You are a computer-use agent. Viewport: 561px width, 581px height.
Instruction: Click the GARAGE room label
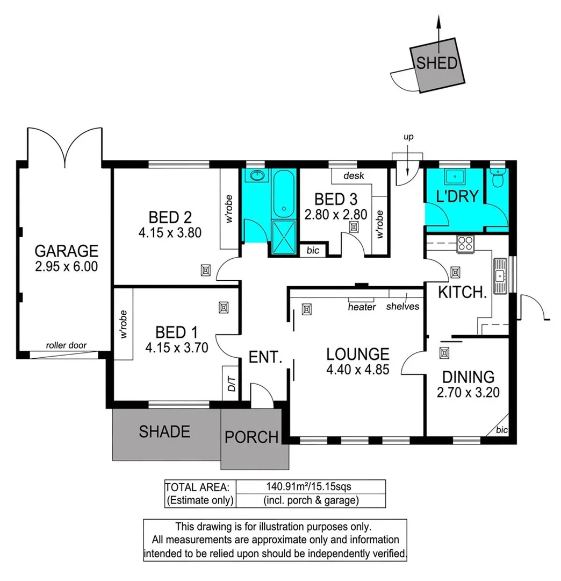click(x=66, y=251)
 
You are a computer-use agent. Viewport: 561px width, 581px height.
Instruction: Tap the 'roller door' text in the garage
click(x=66, y=345)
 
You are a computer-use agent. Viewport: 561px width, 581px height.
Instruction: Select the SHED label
click(x=437, y=63)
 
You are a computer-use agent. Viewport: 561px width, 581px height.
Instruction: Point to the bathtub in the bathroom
click(x=282, y=194)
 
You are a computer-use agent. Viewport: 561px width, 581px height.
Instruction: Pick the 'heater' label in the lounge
click(x=362, y=307)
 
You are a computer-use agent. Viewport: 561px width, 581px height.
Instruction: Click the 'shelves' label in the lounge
click(x=402, y=307)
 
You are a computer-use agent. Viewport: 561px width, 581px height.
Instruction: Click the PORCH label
click(x=251, y=437)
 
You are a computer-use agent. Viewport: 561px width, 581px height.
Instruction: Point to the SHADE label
click(x=164, y=431)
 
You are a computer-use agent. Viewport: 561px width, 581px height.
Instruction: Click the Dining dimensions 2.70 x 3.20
click(x=468, y=393)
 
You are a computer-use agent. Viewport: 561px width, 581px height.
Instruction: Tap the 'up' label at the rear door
click(x=409, y=137)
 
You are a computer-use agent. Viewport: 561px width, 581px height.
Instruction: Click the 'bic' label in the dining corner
click(x=501, y=430)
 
